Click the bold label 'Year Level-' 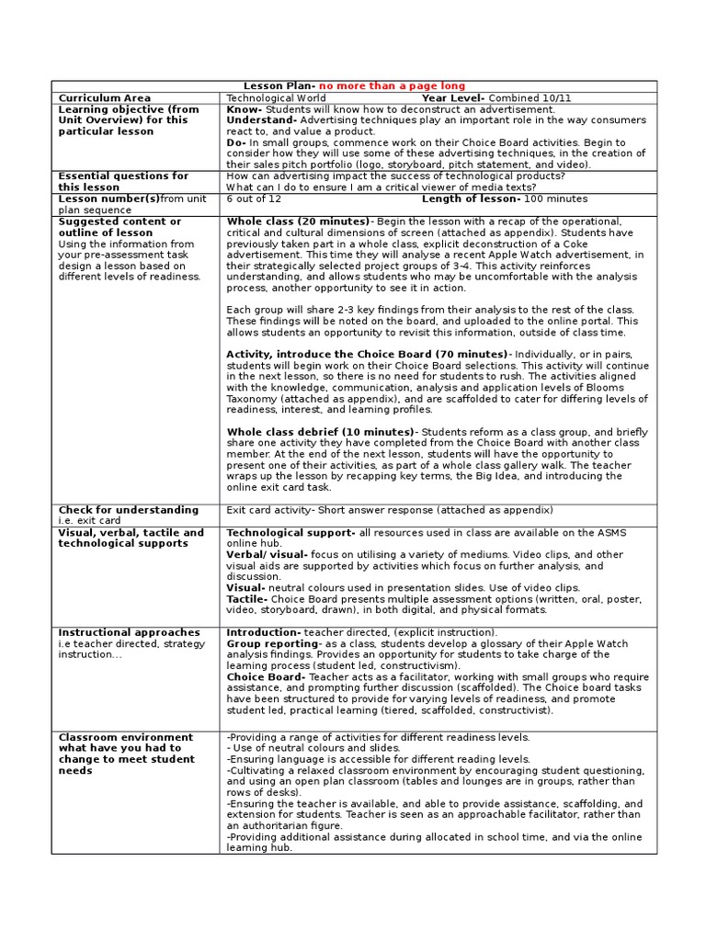click(454, 97)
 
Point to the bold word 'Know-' click(244, 108)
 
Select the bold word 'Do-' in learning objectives click(236, 142)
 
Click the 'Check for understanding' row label click(129, 510)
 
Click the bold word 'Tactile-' click(247, 597)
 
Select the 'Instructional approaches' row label click(129, 632)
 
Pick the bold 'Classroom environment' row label click(126, 737)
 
